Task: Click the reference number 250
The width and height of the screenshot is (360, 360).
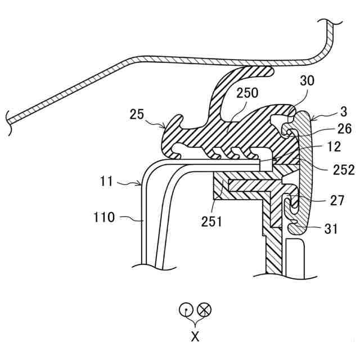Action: tap(249, 92)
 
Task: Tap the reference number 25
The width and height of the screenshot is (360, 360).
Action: tap(137, 115)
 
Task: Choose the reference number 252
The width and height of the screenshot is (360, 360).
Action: tap(343, 169)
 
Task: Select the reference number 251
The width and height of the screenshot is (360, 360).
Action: tap(211, 221)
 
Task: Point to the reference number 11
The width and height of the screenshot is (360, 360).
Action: tap(106, 182)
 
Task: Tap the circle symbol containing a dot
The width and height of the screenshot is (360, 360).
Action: tap(186, 309)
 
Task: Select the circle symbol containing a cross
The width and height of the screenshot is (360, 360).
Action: tap(205, 309)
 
